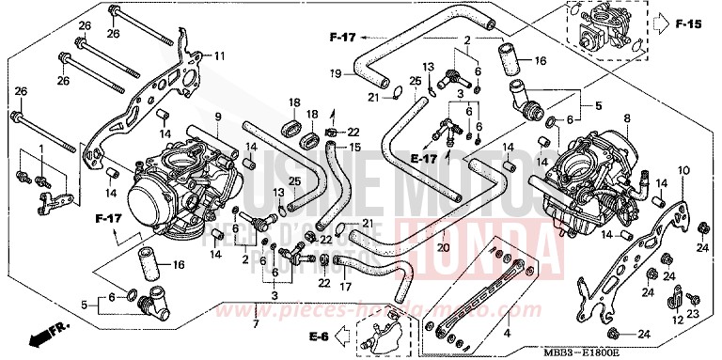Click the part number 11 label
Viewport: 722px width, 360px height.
click(219, 56)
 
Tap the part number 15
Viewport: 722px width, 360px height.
click(354, 148)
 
